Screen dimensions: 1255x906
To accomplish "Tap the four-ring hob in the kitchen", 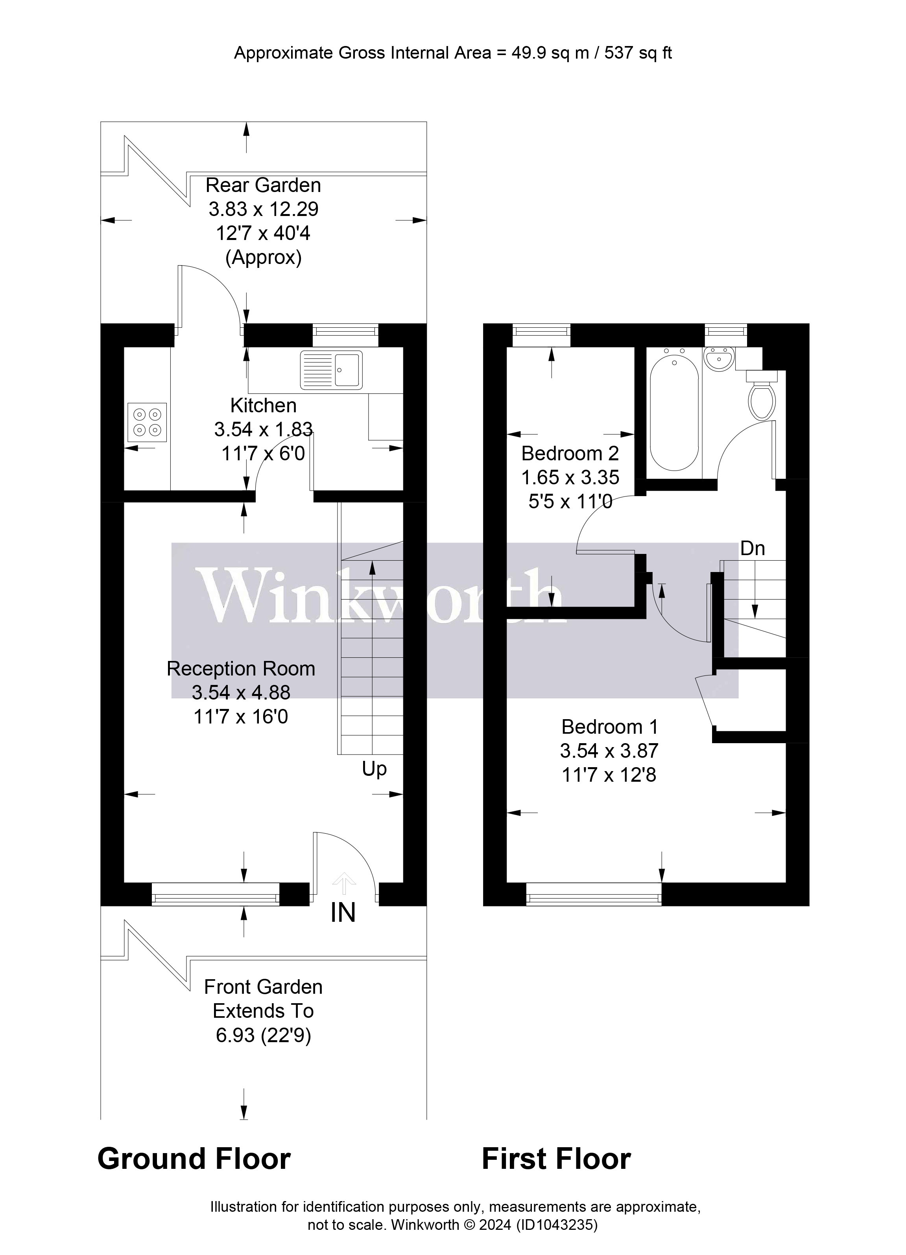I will click(x=147, y=422).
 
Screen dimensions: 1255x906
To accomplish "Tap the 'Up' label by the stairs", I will click(x=374, y=769).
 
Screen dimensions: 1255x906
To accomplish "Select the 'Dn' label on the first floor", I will click(x=752, y=548).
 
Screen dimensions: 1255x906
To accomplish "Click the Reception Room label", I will click(x=241, y=668).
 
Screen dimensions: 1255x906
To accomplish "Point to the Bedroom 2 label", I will click(x=570, y=453).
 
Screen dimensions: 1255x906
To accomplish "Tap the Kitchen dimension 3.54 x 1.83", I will click(x=264, y=429).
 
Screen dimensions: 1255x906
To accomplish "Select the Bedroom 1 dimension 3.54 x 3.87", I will click(x=609, y=751).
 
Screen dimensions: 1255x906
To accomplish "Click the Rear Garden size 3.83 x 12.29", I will click(x=264, y=209).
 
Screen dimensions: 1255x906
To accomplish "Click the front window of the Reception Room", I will click(x=215, y=894).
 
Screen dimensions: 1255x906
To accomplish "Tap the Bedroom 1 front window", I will click(x=593, y=894).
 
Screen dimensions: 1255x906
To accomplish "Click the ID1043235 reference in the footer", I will click(x=557, y=1225).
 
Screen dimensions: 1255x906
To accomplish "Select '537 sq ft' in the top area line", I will click(x=638, y=53).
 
